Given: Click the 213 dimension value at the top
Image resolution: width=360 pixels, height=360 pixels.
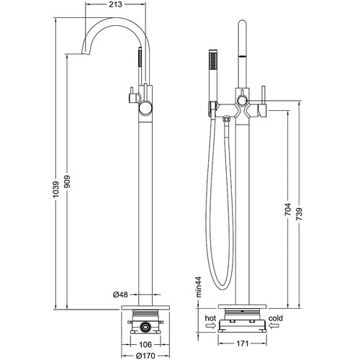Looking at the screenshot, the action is click(115, 4).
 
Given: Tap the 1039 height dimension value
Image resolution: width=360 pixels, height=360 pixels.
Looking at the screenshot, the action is click(56, 189).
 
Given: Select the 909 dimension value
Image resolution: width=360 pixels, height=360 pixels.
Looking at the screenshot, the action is click(68, 181).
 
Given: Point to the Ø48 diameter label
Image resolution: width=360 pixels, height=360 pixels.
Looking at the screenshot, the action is click(120, 294).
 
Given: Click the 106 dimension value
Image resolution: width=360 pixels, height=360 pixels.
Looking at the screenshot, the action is click(145, 345).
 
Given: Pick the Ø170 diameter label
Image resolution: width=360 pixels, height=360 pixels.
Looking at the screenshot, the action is click(145, 356).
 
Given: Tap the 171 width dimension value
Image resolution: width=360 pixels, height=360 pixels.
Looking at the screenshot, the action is click(243, 343).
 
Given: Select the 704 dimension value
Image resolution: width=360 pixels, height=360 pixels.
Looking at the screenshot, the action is click(288, 210).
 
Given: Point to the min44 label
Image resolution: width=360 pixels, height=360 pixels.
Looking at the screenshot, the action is click(199, 287).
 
